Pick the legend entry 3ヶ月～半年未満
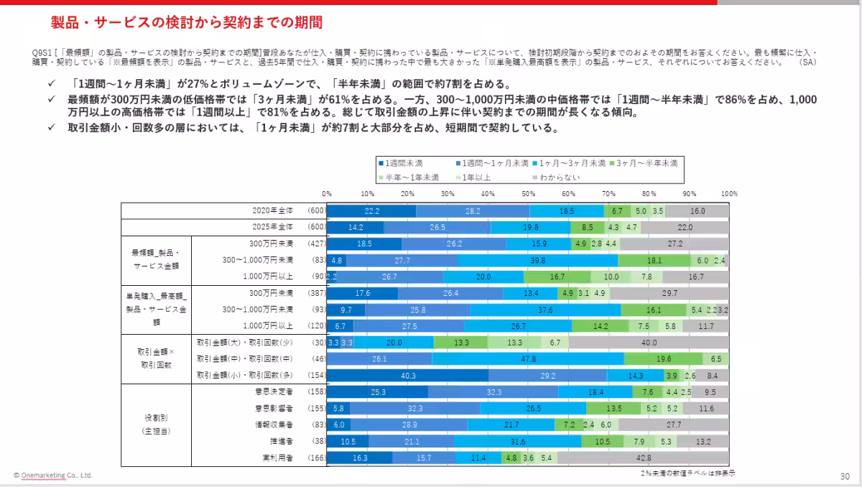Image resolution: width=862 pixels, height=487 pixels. coord(646,163)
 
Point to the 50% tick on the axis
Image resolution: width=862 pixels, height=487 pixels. coord(528,194)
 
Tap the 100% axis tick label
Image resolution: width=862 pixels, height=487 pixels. coord(729,194)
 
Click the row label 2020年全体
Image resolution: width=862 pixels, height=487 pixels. coord(273,210)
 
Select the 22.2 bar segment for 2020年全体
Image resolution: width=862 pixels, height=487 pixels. coord(371,211)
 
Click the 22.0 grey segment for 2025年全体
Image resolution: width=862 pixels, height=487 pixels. coord(685,227)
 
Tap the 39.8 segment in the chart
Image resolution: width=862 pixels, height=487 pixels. coord(537,260)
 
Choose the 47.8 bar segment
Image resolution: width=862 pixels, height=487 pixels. coord(528,358)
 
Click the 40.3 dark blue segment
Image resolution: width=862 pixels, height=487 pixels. coord(407,375)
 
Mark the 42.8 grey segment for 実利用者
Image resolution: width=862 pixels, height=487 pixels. coord(643,458)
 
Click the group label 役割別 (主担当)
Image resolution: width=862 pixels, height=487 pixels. coord(156,424)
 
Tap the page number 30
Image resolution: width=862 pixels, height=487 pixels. coord(845,476)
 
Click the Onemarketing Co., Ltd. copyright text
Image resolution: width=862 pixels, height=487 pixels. coord(52,476)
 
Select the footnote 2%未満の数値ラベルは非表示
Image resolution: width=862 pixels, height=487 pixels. coord(687,473)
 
